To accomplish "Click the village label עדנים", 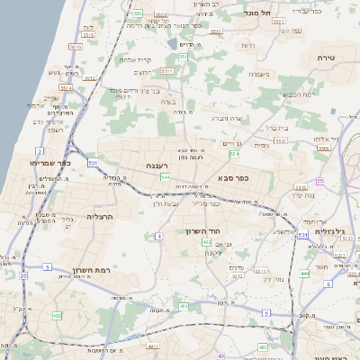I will pyautogui.click(x=238, y=266).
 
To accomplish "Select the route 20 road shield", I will pyautogui.click(x=23, y=275).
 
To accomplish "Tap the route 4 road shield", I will pyautogui.click(x=158, y=235).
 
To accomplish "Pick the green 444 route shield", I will pyautogui.click(x=306, y=273).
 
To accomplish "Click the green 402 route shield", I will pyautogui.click(x=207, y=242).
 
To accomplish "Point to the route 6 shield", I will pyautogui.click(x=328, y=284).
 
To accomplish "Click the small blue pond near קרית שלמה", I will pyautogui.click(x=171, y=42).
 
